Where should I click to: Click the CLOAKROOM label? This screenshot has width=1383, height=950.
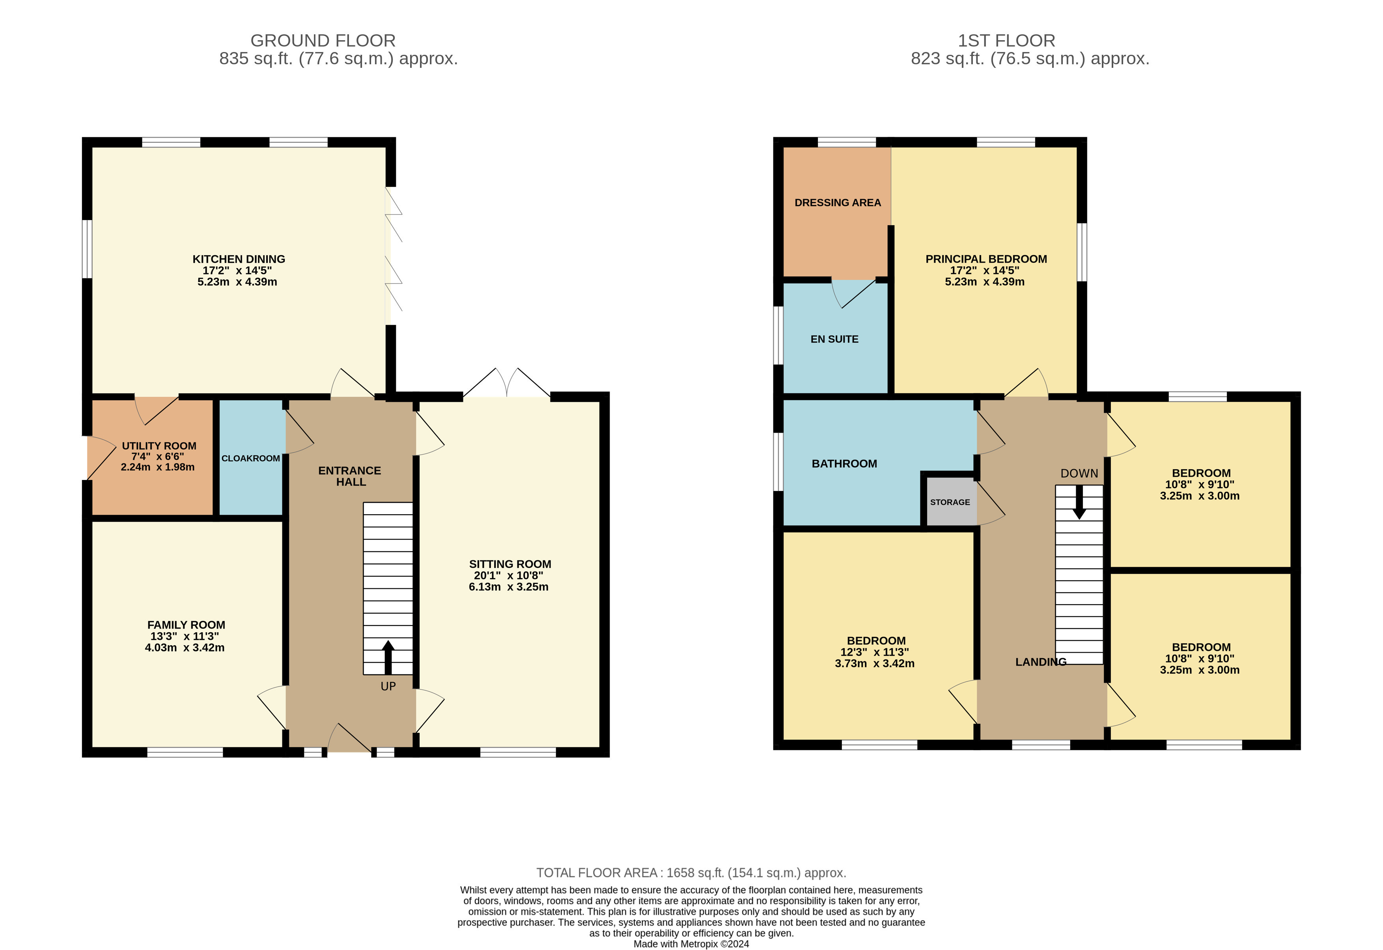250,458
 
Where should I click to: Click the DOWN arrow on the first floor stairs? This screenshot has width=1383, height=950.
1079,503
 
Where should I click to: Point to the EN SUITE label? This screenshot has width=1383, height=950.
834,339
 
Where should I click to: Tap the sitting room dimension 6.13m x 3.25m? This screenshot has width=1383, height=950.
508,587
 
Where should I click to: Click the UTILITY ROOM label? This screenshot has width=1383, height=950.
159,446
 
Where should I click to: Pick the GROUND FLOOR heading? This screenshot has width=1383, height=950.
323,41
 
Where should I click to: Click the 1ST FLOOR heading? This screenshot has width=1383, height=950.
1006,41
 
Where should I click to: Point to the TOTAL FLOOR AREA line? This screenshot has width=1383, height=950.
691,873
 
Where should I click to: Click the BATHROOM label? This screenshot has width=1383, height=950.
844,464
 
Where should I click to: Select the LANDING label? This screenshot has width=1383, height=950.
1040,662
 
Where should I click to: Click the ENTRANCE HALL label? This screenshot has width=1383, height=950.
350,476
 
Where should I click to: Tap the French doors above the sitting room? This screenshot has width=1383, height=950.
506,384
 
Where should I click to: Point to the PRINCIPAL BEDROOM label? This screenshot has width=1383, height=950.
985,259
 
